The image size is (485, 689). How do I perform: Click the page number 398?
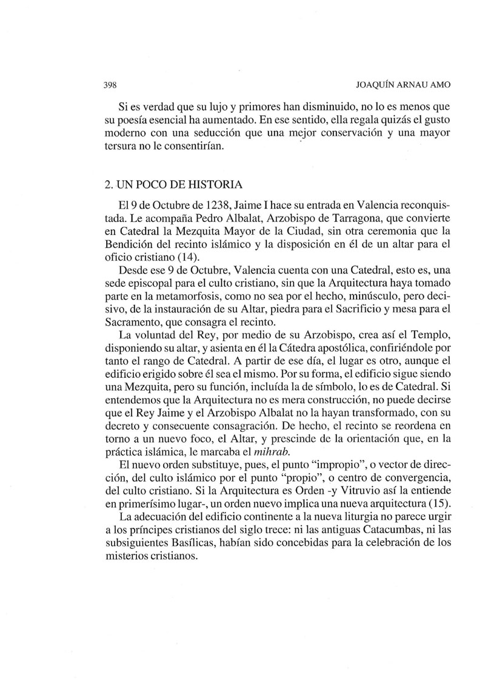pyautogui.click(x=109, y=85)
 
